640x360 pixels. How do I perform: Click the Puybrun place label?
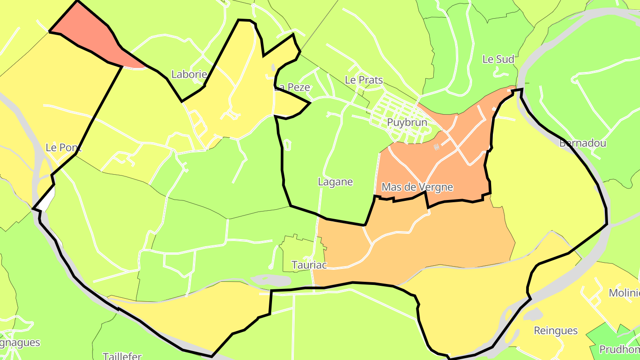pyautogui.click(x=407, y=122)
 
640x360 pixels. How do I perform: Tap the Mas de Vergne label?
pyautogui.click(x=417, y=187)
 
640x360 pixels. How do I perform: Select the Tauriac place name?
pyautogui.click(x=309, y=265)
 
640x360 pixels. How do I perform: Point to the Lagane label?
pyautogui.click(x=335, y=182)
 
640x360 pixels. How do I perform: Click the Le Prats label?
pyautogui.click(x=364, y=80)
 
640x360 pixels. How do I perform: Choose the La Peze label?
pyautogui.click(x=292, y=87)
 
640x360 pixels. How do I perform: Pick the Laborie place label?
pyautogui.click(x=189, y=74)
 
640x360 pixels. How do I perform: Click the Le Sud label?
pyautogui.click(x=498, y=59)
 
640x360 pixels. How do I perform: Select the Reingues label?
pyautogui.click(x=556, y=331)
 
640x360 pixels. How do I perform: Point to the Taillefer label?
pyautogui.click(x=122, y=356)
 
